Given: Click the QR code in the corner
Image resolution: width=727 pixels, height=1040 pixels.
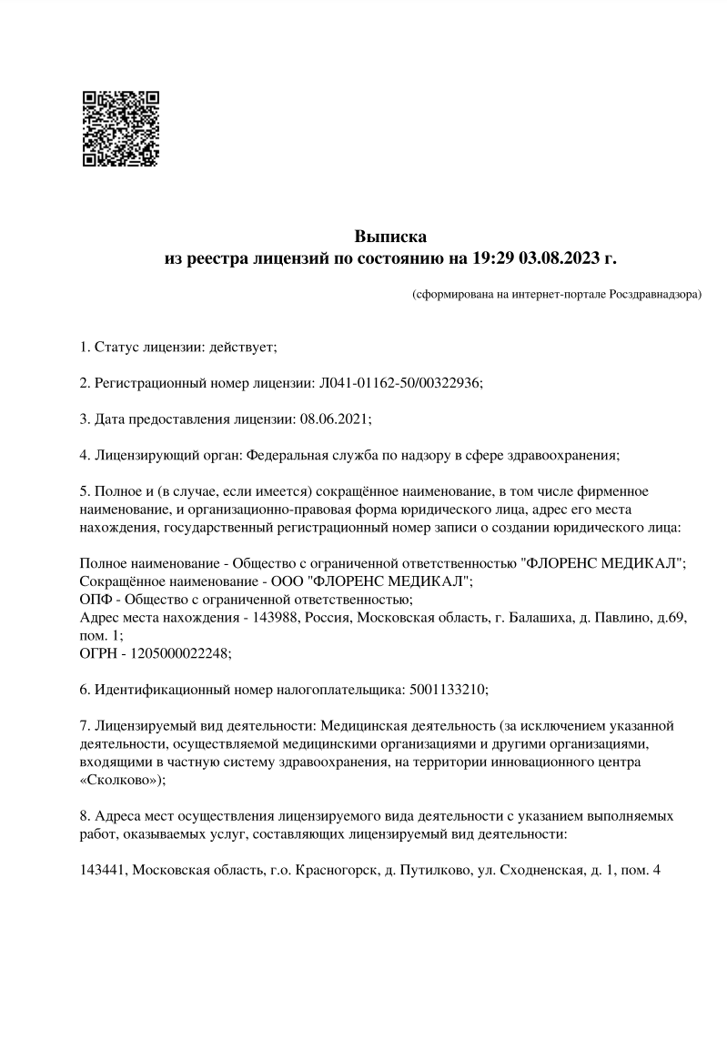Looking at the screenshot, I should [x=121, y=128].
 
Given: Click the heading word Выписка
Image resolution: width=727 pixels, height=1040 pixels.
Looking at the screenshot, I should [x=389, y=238].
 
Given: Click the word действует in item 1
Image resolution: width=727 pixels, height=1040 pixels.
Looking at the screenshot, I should [x=241, y=347].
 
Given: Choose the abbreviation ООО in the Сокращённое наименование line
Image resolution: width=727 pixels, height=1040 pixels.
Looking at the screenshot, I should [x=290, y=581].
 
